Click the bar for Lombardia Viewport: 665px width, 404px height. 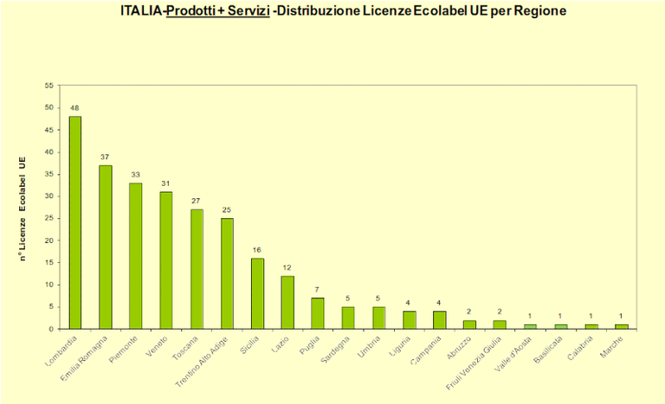pos(75,222)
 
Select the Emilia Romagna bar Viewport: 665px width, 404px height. pos(106,247)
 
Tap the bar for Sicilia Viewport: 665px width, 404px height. pos(257,293)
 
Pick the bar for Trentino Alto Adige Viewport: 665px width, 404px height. pos(227,273)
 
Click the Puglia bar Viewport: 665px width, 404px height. pos(318,313)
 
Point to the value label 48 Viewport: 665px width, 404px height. pos(75,108)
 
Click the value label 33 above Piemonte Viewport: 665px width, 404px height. pos(136,175)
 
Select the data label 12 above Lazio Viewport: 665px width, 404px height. pos(287,267)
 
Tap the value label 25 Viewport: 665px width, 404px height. pos(227,210)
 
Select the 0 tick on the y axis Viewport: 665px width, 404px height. pos(50,329)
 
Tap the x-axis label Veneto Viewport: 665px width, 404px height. pos(158,346)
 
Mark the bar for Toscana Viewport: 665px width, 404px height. pos(197,269)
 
